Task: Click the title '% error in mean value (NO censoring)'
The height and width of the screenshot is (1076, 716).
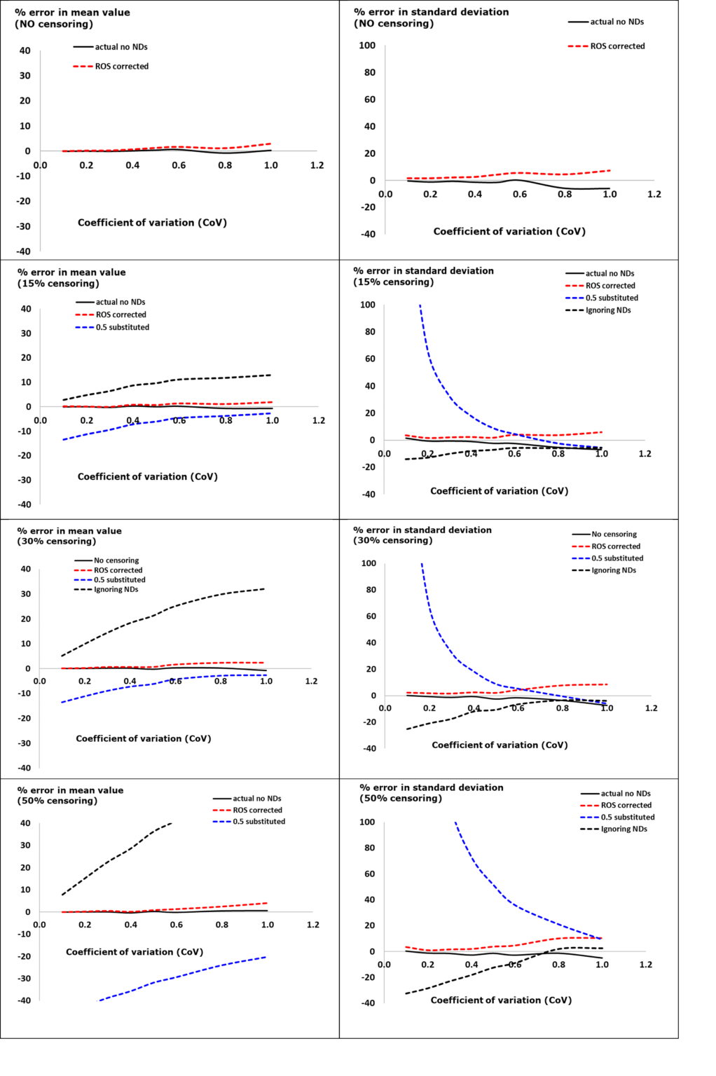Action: [x=72, y=18]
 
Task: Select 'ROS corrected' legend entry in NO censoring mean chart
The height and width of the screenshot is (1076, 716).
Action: [x=121, y=67]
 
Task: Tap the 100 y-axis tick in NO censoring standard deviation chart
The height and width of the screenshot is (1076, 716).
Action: [x=367, y=46]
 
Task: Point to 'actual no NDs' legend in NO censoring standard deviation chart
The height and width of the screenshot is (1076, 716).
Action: [x=617, y=22]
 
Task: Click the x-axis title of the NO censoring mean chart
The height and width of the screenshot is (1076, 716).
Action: [x=152, y=223]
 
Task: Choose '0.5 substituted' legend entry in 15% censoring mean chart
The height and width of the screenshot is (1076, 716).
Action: [x=122, y=327]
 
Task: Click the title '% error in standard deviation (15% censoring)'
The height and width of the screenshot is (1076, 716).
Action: [x=423, y=276]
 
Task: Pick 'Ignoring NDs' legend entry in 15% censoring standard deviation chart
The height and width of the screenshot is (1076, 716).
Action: [x=607, y=310]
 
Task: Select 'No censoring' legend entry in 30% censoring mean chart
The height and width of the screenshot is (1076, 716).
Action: [x=116, y=560]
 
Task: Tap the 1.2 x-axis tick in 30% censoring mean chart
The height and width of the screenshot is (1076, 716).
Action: [x=311, y=681]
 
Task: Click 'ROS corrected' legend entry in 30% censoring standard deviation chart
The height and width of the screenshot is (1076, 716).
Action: [x=615, y=546]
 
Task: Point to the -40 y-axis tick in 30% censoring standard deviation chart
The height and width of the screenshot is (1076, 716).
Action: [x=369, y=748]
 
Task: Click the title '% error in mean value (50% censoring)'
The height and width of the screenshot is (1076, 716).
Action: [x=70, y=795]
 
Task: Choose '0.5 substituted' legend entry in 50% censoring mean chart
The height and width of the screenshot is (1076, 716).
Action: [x=259, y=822]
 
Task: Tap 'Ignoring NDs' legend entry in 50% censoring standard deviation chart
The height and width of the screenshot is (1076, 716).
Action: [x=624, y=829]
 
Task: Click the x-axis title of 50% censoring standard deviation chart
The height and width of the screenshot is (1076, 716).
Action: [x=501, y=1000]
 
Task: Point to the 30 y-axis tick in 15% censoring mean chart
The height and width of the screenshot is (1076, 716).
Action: [x=26, y=333]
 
